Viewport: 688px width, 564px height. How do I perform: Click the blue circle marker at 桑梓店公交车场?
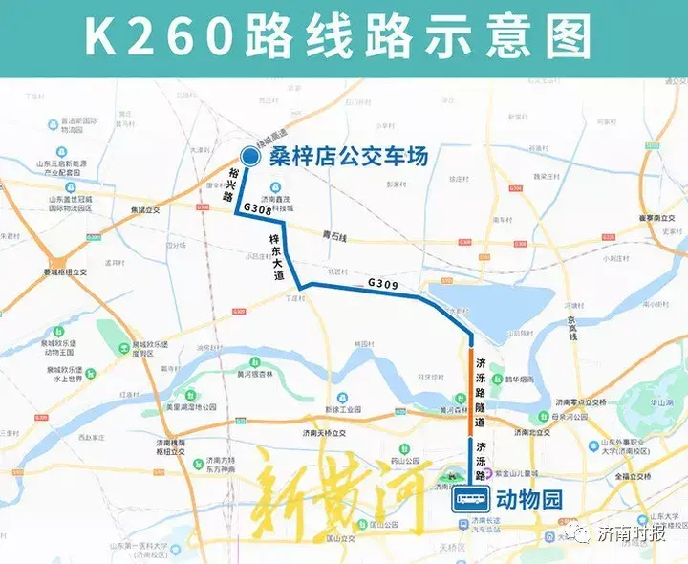click(248, 156)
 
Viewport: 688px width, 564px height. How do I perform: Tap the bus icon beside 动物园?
click(471, 498)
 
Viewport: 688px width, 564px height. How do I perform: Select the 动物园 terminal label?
click(526, 499)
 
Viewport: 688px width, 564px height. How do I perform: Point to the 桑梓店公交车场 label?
click(347, 156)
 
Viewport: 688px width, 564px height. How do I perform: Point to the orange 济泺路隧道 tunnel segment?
click(470, 392)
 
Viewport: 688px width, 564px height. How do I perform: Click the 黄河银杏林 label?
click(259, 374)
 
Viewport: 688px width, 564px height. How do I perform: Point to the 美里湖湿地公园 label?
click(191, 407)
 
